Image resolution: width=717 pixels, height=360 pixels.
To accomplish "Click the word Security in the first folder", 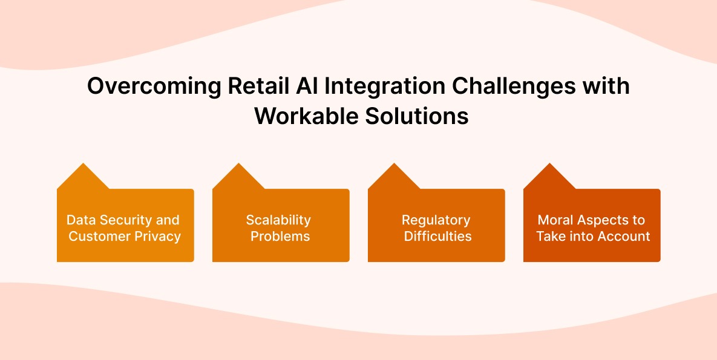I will pos(126,220).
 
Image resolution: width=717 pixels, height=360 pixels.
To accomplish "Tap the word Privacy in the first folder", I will pos(157,236).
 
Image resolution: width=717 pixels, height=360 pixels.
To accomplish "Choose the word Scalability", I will pos(278,220).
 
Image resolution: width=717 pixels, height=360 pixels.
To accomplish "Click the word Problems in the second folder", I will pos(280,236).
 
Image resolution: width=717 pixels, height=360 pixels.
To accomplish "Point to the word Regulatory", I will pos(436,220).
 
